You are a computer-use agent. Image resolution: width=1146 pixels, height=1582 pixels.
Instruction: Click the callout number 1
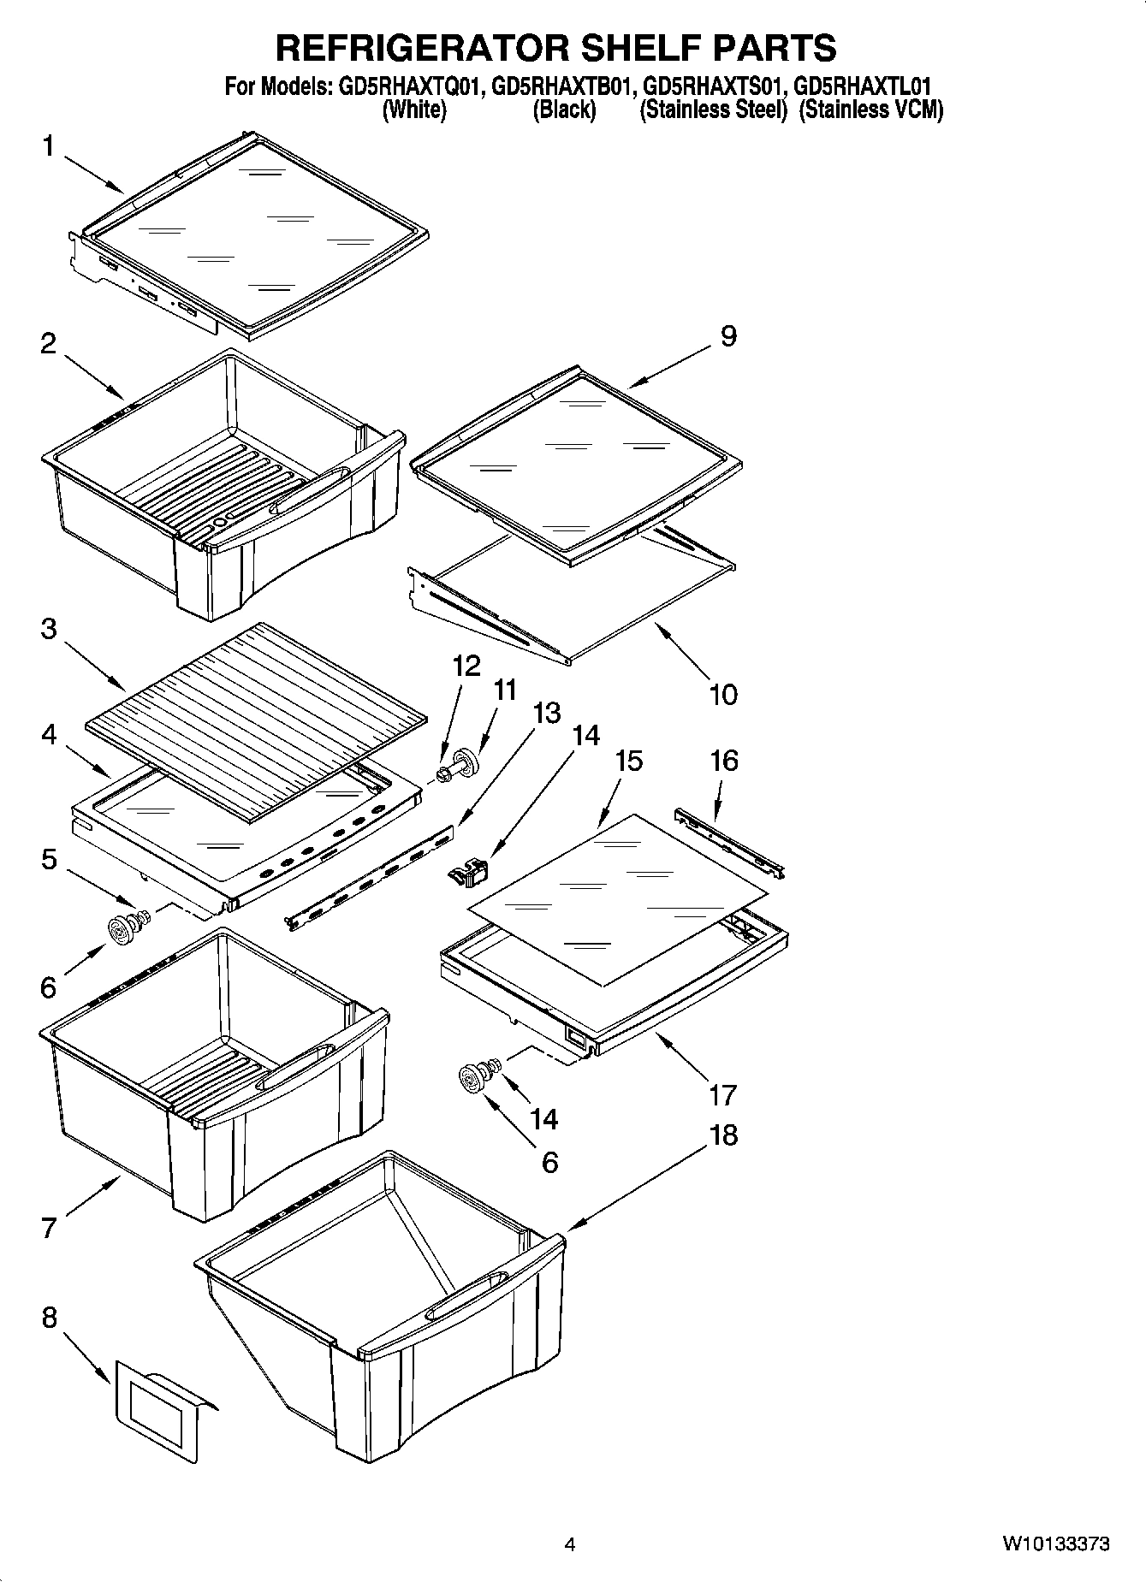49,147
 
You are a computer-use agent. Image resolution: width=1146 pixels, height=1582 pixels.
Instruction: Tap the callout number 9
727,336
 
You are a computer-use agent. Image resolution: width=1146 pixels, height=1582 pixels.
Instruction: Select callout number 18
723,1135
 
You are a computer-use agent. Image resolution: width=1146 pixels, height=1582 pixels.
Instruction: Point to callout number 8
49,1317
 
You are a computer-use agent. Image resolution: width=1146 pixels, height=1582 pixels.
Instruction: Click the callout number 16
724,761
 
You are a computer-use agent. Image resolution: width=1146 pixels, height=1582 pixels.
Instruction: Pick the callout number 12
466,667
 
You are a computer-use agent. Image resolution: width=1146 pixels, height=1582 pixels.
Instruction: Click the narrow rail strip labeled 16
730,842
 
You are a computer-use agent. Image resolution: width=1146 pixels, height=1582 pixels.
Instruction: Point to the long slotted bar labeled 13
372,873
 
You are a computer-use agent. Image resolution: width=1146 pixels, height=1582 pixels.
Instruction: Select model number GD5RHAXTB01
564,86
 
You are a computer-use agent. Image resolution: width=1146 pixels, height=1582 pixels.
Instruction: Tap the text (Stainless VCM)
870,110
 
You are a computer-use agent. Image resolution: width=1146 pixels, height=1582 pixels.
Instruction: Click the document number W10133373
1056,1544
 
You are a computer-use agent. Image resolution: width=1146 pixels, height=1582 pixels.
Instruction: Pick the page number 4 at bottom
570,1544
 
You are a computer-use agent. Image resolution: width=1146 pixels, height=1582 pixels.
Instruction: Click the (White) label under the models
414,110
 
